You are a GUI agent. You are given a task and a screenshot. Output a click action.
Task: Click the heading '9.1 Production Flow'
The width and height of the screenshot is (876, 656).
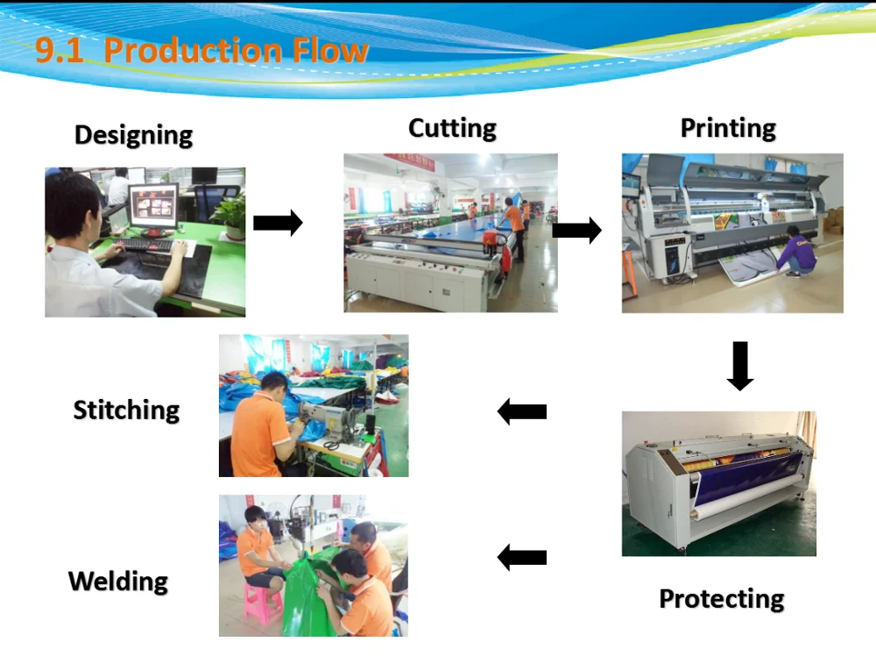(x=201, y=50)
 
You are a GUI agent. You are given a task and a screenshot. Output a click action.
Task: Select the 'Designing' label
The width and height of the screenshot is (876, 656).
(x=133, y=135)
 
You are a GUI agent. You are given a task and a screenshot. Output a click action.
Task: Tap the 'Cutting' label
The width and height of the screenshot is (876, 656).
(x=452, y=129)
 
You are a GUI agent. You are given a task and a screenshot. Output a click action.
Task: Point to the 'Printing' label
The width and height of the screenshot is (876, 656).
(x=728, y=129)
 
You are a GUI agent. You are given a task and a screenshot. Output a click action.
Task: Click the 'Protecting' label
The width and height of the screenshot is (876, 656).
(x=721, y=599)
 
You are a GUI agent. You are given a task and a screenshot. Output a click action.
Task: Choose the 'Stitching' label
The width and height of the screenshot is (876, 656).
(x=126, y=410)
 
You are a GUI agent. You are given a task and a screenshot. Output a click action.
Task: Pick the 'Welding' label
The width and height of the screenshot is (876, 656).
(x=118, y=581)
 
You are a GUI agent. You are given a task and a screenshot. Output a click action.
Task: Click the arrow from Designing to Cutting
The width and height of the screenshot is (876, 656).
(x=278, y=223)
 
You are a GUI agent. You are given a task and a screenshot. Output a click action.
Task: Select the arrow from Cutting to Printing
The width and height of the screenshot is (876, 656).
(x=576, y=230)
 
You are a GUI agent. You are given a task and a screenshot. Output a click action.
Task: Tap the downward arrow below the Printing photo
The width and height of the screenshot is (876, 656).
(x=740, y=366)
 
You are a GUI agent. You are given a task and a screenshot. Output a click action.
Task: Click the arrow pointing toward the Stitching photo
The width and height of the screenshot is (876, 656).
(x=522, y=411)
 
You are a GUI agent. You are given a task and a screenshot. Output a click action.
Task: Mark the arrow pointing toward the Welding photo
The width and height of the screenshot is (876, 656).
(x=522, y=558)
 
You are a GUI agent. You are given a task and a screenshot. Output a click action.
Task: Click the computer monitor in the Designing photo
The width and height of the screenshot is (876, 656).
(x=153, y=207)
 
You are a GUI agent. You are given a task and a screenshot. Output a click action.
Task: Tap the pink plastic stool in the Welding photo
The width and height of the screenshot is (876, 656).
(x=262, y=603)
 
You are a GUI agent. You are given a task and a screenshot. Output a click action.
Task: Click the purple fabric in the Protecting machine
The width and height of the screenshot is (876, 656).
(x=745, y=480)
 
